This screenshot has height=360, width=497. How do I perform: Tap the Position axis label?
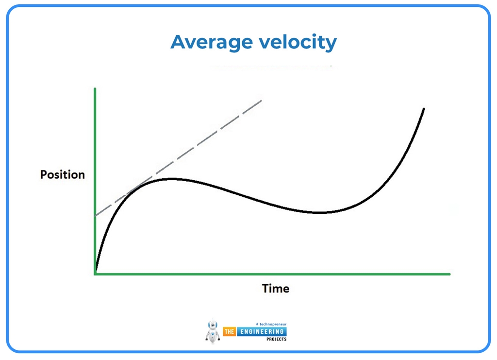coord(62,174)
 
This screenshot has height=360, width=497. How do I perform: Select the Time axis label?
coord(275,289)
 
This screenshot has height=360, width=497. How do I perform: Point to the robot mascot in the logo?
coord(213,331)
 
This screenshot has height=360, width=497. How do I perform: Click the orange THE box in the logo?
coord(229,331)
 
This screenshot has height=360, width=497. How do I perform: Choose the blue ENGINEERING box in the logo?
coord(261,331)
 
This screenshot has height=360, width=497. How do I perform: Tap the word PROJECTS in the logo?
coord(277,339)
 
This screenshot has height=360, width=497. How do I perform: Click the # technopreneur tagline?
coord(271,324)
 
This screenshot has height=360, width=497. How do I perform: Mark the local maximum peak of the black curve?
coord(170,179)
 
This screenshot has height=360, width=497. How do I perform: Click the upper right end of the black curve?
coord(424,109)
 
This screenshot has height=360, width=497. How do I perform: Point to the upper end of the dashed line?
coord(262,101)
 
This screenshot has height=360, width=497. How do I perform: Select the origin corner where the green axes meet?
coord(96,274)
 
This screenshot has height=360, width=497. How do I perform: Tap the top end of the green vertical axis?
coord(95,89)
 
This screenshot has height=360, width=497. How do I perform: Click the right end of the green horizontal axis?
coord(449,274)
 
